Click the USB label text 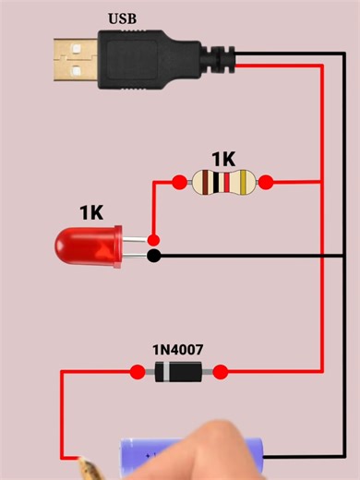click(124, 18)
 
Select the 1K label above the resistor click(223, 159)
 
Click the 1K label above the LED click(91, 212)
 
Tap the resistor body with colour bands click(222, 182)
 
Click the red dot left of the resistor click(179, 182)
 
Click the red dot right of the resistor click(266, 182)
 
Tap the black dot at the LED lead click(154, 255)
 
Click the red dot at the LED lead click(153, 240)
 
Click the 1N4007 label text click(178, 350)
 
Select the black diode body click(178, 372)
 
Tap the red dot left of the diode click(138, 372)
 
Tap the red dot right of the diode click(221, 372)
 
